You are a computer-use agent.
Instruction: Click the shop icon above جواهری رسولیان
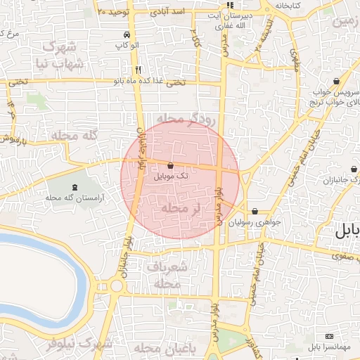pos(254,210)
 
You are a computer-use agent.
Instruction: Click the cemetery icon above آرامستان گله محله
pos(75,186)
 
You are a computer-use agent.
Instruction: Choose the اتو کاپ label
pos(125,46)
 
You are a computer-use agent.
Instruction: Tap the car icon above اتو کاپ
pos(125,34)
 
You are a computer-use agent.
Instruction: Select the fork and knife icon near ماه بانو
pos(138,70)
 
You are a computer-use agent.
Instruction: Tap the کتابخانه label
pos(290,5)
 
